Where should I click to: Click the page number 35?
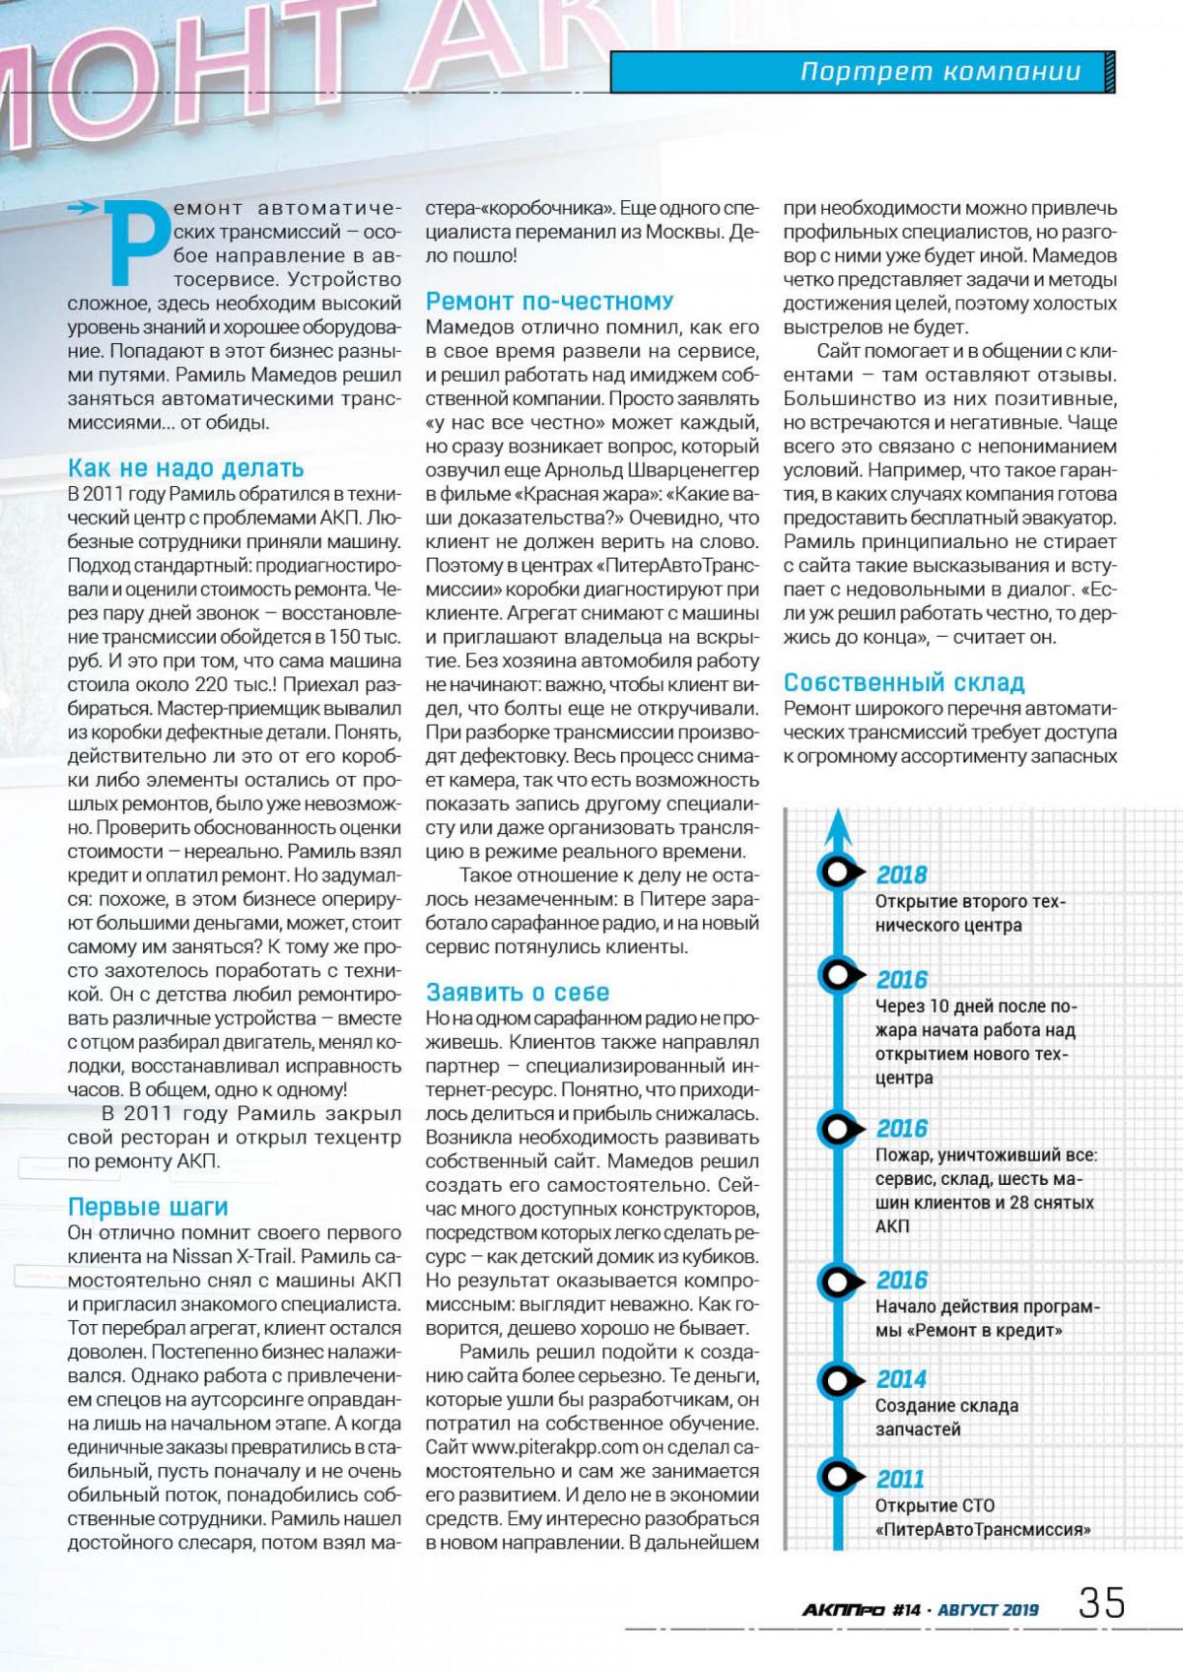coord(1101,1603)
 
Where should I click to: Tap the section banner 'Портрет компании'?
coord(939,72)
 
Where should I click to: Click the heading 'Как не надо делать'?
coord(185,468)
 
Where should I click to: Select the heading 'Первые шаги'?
coord(148,1207)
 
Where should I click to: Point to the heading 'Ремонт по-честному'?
coord(549,302)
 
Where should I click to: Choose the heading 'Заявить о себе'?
coord(518,992)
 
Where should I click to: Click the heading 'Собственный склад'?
coord(904,682)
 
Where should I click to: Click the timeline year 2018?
coord(901,874)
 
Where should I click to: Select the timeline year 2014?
coord(901,1379)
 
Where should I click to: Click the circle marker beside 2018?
coord(837,872)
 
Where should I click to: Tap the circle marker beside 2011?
coord(837,1477)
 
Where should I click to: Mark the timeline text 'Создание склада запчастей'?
coord(946,1418)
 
